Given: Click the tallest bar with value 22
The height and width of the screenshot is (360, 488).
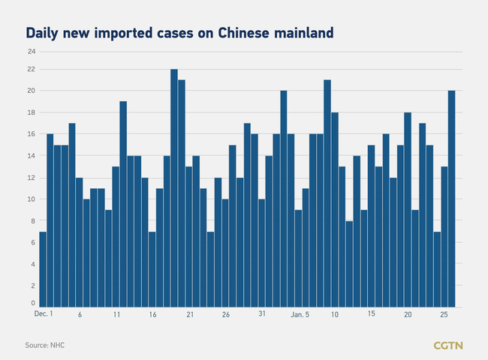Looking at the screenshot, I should click(x=174, y=187).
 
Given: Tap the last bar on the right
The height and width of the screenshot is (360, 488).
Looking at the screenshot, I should click(x=452, y=198).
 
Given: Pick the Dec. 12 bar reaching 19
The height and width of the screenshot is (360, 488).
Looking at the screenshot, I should click(x=123, y=204).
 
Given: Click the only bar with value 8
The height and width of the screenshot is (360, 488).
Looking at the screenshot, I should click(x=350, y=263).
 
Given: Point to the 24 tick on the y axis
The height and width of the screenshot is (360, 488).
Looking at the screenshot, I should click(x=31, y=52).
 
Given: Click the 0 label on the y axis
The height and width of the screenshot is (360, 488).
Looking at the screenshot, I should click(x=32, y=303).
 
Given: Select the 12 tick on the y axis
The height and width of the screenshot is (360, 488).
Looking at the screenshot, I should click(x=31, y=178).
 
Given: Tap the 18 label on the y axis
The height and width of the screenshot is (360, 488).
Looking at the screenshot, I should click(x=31, y=112).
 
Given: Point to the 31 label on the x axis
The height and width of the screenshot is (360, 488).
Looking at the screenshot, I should click(x=261, y=315).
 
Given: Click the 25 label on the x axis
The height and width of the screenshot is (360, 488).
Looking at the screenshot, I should click(x=444, y=315).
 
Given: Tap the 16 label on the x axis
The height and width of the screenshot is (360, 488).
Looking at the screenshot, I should click(x=152, y=315).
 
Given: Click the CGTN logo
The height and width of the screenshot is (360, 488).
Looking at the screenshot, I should click(x=448, y=345).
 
